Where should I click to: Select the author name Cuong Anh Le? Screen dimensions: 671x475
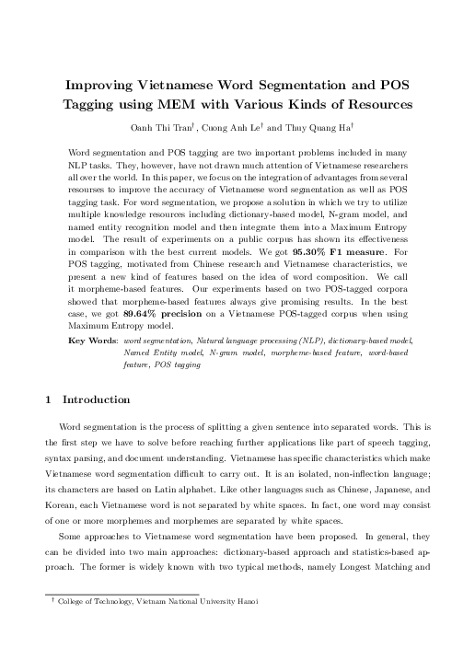click(x=245, y=125)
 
